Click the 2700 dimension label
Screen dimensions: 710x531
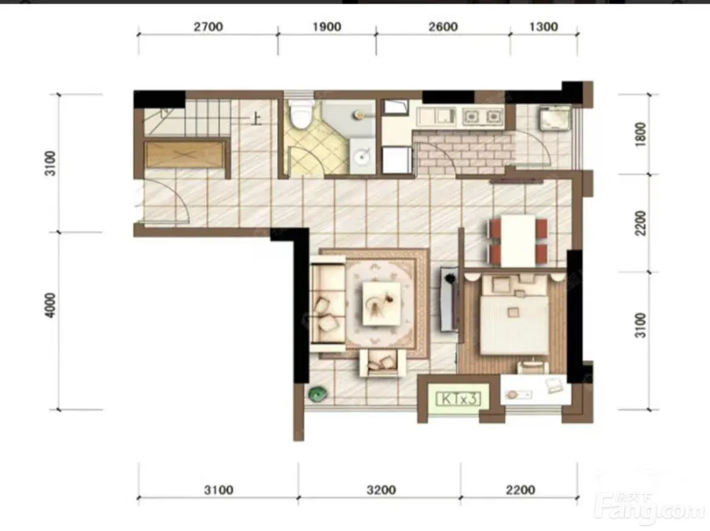[x=208, y=27]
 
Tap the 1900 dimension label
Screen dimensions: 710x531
[x=326, y=27]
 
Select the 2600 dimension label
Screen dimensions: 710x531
[x=443, y=27]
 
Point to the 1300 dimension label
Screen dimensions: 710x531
[x=543, y=27]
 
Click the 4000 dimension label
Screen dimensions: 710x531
[x=50, y=305]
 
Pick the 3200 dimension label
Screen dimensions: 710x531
[x=381, y=490]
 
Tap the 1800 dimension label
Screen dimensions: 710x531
[x=640, y=134]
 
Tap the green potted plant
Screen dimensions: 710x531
[x=318, y=394]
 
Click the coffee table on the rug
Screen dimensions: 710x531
[x=381, y=303]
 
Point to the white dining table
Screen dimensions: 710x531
[x=518, y=241]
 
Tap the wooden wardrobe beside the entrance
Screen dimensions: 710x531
[x=185, y=155]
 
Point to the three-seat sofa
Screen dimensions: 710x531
[x=328, y=304]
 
